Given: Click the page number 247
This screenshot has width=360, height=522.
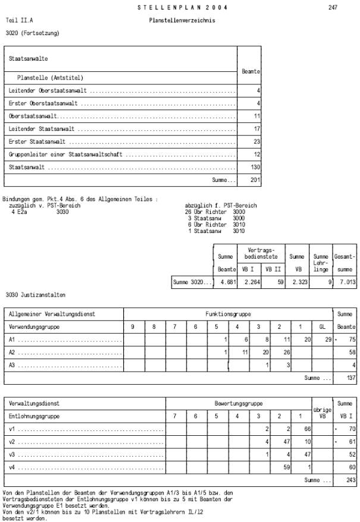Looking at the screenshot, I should pos(333,8).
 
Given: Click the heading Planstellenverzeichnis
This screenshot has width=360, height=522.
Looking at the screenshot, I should pos(182,20).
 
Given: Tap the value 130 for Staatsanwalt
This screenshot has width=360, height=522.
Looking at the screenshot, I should pos(255,168).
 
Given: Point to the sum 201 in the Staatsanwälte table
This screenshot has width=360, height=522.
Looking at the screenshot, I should pos(255,180).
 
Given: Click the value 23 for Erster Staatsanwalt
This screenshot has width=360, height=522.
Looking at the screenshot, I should pos(256,141).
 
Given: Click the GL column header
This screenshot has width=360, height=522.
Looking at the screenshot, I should pos(323,326).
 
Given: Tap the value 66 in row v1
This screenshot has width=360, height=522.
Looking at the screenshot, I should pos(308,429).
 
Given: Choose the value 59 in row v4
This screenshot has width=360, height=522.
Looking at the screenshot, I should pos(286,467).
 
